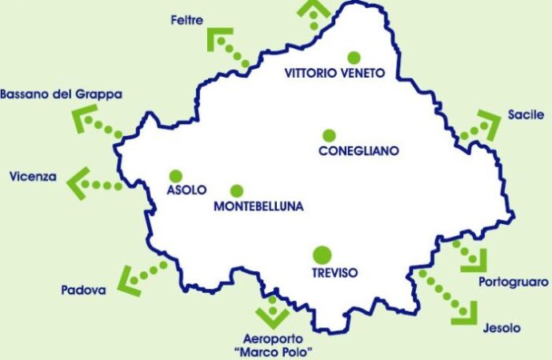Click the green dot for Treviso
[322, 255]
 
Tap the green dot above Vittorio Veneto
[354, 57]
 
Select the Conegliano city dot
[328, 135]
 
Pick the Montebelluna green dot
[236, 190]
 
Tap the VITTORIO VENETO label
[335, 73]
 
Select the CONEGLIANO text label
[358, 150]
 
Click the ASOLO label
[186, 190]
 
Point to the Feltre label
[186, 18]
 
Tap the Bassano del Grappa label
[61, 94]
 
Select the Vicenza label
[32, 176]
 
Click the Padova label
[83, 290]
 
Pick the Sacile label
[525, 115]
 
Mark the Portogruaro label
[514, 282]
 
